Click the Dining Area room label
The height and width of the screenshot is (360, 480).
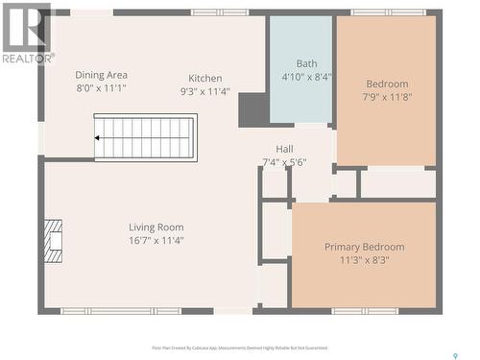tap(102, 74)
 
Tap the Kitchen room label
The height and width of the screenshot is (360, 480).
tap(204, 79)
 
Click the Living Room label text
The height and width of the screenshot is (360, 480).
tap(156, 228)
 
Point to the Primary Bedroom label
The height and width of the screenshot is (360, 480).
tap(364, 247)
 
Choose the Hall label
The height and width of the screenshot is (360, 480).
tap(284, 149)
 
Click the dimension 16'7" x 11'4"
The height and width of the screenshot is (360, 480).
tap(156, 241)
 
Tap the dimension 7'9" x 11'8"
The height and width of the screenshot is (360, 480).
tap(386, 97)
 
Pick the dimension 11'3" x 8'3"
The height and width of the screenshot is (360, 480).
tap(364, 260)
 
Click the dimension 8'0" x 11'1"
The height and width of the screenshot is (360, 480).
tap(102, 87)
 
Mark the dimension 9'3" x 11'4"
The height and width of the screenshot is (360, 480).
tap(204, 92)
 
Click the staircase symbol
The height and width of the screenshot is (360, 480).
tap(145, 138)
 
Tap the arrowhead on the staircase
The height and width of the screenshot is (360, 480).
tap(98, 138)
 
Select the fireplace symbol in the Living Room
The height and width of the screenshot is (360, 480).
tap(53, 241)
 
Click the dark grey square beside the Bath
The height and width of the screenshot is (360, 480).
tap(252, 109)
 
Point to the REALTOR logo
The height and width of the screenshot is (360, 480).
tap(27, 33)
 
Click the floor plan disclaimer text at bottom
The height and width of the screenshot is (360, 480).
tap(239, 348)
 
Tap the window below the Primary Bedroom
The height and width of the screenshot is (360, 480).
tap(365, 311)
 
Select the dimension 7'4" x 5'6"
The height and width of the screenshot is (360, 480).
tap(284, 162)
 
